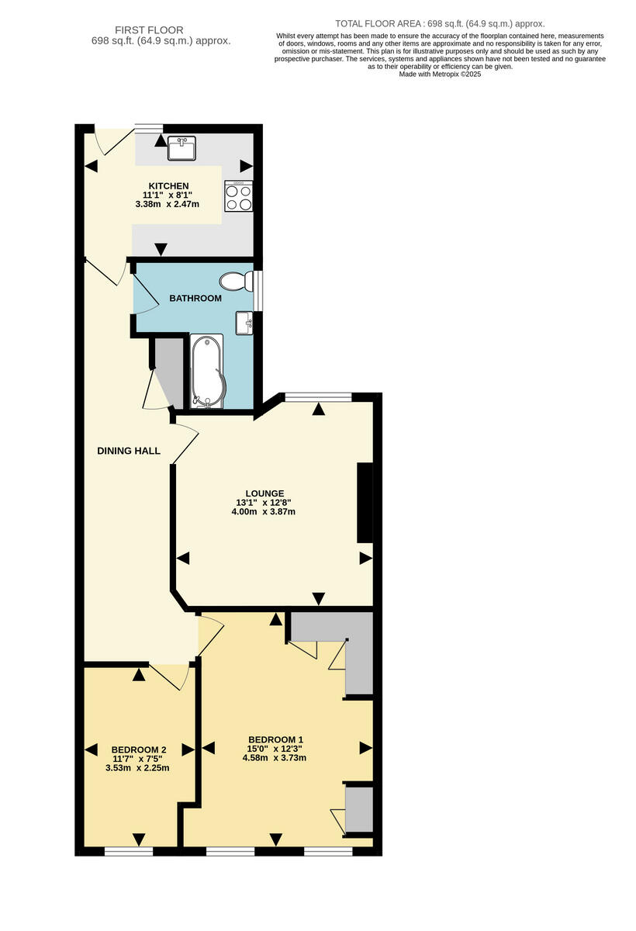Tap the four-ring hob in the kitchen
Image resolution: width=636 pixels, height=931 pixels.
click(238, 196)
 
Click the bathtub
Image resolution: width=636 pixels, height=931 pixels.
click(206, 372)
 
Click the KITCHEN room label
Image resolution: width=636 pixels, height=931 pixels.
click(168, 186)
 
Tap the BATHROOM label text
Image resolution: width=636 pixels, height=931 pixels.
click(195, 298)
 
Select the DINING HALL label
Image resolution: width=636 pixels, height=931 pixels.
click(129, 451)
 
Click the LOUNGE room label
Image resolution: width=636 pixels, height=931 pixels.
click(264, 493)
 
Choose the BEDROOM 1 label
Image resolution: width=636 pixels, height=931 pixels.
click(275, 739)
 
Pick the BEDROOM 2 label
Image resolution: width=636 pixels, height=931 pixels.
click(139, 749)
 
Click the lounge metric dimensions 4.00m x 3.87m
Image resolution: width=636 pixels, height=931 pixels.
click(264, 512)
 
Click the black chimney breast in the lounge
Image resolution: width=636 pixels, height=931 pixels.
click(364, 503)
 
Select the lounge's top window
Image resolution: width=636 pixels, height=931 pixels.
click(318, 397)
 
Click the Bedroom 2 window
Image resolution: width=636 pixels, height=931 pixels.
click(129, 851)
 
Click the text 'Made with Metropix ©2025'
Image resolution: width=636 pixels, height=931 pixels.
click(440, 74)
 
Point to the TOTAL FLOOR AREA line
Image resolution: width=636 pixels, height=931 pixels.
click(440, 24)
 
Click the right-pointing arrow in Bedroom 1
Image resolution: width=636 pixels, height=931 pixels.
click(365, 749)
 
